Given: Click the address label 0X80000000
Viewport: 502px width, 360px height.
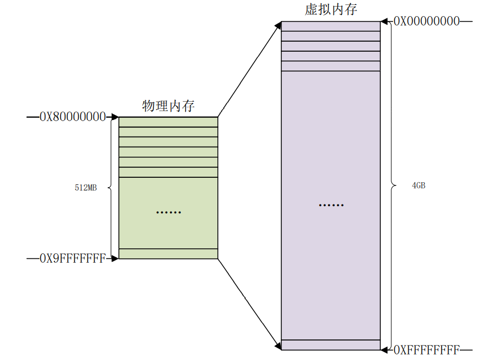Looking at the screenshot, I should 72,117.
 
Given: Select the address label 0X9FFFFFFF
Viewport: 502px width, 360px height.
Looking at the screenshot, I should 72,258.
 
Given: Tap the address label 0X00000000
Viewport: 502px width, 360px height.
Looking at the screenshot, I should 426,22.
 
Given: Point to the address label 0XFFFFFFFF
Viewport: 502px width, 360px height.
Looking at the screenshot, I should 426,350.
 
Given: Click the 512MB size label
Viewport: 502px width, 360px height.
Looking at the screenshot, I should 86,188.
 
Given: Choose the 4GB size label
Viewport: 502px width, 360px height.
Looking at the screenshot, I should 419,186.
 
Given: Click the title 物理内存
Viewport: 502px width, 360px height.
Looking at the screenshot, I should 168,106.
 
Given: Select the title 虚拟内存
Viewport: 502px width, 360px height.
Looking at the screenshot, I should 331,9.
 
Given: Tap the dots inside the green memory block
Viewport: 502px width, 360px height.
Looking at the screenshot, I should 168,212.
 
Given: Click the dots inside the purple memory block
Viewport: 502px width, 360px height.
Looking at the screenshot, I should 331,205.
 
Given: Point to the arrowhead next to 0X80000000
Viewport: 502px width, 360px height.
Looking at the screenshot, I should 115,117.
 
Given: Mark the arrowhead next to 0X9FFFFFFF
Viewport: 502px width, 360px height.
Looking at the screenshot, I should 115,258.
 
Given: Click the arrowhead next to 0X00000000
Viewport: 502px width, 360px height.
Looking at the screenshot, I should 384,22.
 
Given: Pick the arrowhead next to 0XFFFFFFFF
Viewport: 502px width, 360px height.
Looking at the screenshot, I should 384,350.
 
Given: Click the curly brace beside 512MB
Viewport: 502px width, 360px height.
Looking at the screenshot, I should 111,188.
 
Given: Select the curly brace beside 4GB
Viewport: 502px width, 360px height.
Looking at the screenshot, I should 392,185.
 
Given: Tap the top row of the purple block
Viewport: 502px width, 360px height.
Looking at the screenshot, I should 331,26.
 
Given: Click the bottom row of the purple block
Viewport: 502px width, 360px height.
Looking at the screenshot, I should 331,344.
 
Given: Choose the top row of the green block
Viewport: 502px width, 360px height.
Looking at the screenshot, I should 168,122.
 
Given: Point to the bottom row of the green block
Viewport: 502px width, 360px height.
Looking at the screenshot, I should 168,254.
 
